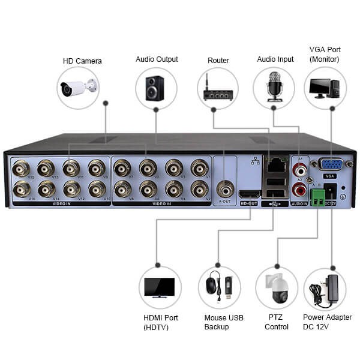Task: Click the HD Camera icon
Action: [x=79, y=88]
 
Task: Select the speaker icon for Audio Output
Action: [x=155, y=88]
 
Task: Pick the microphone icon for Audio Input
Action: [x=274, y=88]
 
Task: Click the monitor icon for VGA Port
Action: [x=325, y=88]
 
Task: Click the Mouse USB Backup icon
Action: [x=219, y=287]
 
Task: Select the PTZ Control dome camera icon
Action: [x=276, y=287]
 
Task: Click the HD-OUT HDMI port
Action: [x=248, y=194]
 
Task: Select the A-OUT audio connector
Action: [x=226, y=189]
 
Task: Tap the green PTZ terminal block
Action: [x=316, y=197]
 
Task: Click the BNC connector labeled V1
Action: [x=200, y=169]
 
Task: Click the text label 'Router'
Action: [x=218, y=61]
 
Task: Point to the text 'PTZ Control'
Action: [x=277, y=322]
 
